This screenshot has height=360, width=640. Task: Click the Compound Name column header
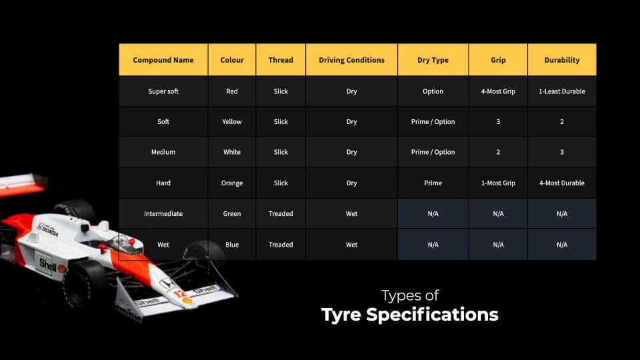coord(163,60)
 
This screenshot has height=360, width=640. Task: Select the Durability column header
coord(561,60)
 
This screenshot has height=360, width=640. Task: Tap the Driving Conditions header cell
coord(351,60)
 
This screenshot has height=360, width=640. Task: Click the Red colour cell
coord(232,91)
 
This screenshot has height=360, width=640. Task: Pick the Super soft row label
coord(163,91)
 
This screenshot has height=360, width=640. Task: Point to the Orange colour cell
coord(232,183)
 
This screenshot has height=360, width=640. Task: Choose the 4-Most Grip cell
coord(498,91)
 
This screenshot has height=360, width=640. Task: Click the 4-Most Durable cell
coord(561,183)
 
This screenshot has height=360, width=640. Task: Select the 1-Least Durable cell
coord(561,91)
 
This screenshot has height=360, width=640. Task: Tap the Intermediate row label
coord(163,213)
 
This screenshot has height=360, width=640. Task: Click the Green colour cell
coord(232,213)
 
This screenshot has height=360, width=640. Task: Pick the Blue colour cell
coord(232,245)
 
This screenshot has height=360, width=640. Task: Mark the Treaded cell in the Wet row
coord(281,245)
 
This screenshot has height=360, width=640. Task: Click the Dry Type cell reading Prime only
coord(433,183)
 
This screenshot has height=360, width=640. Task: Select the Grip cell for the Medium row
coord(498,152)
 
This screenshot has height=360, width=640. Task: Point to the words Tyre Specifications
coord(410,315)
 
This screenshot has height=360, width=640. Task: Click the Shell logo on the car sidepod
coord(48,265)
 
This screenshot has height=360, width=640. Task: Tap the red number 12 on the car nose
coord(179,293)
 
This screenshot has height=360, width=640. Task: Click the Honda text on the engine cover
coord(49,231)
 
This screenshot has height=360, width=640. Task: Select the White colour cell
coord(232,152)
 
